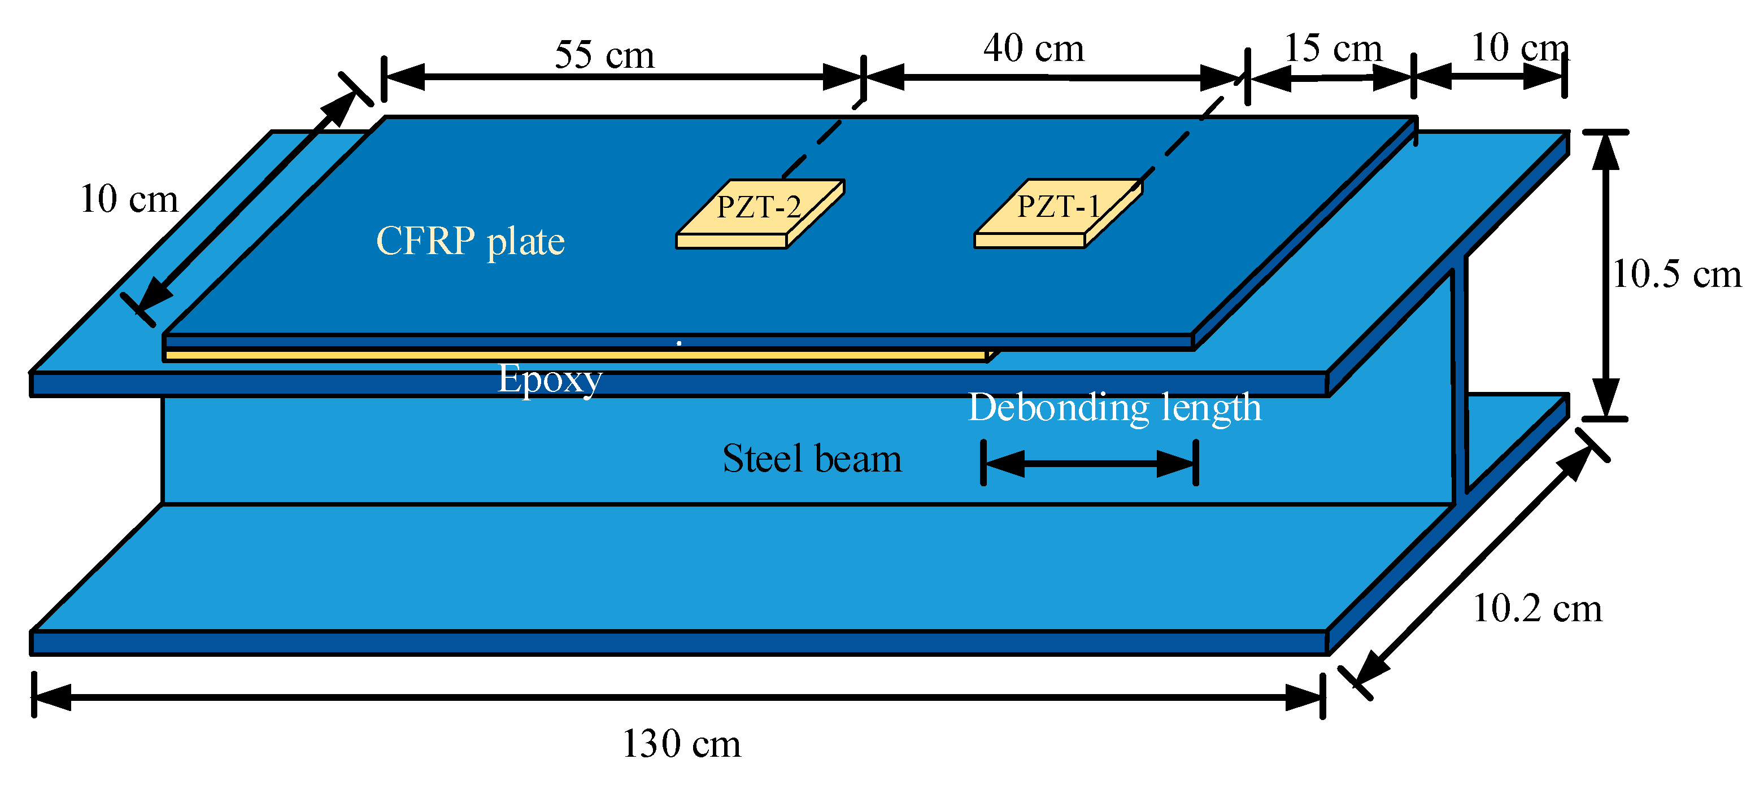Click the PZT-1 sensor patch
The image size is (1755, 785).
[1057, 212]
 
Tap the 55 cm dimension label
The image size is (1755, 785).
[604, 55]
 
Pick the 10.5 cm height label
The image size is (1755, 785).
[1676, 274]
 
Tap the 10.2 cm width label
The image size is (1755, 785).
[1536, 608]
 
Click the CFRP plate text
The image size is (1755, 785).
[470, 242]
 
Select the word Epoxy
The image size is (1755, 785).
[549, 379]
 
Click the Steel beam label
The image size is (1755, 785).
[812, 459]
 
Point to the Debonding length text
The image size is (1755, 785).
[1114, 408]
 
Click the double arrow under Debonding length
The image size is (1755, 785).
[1090, 463]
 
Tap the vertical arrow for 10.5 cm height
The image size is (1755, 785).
[1605, 275]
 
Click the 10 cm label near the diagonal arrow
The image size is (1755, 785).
[129, 200]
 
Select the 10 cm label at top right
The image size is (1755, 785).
[1519, 47]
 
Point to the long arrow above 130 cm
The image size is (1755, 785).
[678, 697]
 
